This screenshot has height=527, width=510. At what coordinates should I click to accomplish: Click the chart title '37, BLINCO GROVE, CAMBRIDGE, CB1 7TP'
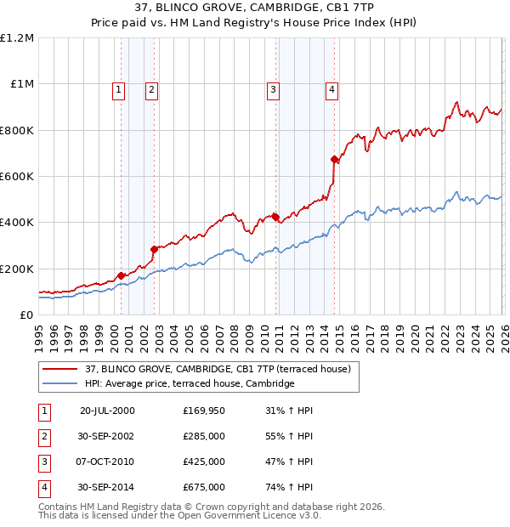tap(255, 9)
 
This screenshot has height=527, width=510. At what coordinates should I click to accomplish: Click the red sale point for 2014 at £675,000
tap(335, 159)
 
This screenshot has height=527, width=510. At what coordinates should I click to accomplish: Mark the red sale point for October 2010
tap(275, 217)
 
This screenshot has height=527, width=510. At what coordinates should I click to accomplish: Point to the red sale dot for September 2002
tap(154, 249)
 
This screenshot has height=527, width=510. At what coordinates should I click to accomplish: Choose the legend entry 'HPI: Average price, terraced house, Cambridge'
tap(190, 384)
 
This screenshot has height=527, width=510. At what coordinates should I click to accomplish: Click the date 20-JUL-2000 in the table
tap(107, 411)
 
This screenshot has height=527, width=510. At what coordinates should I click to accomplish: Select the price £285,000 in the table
tap(204, 436)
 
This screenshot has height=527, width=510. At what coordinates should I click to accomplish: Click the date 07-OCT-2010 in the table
tap(107, 462)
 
